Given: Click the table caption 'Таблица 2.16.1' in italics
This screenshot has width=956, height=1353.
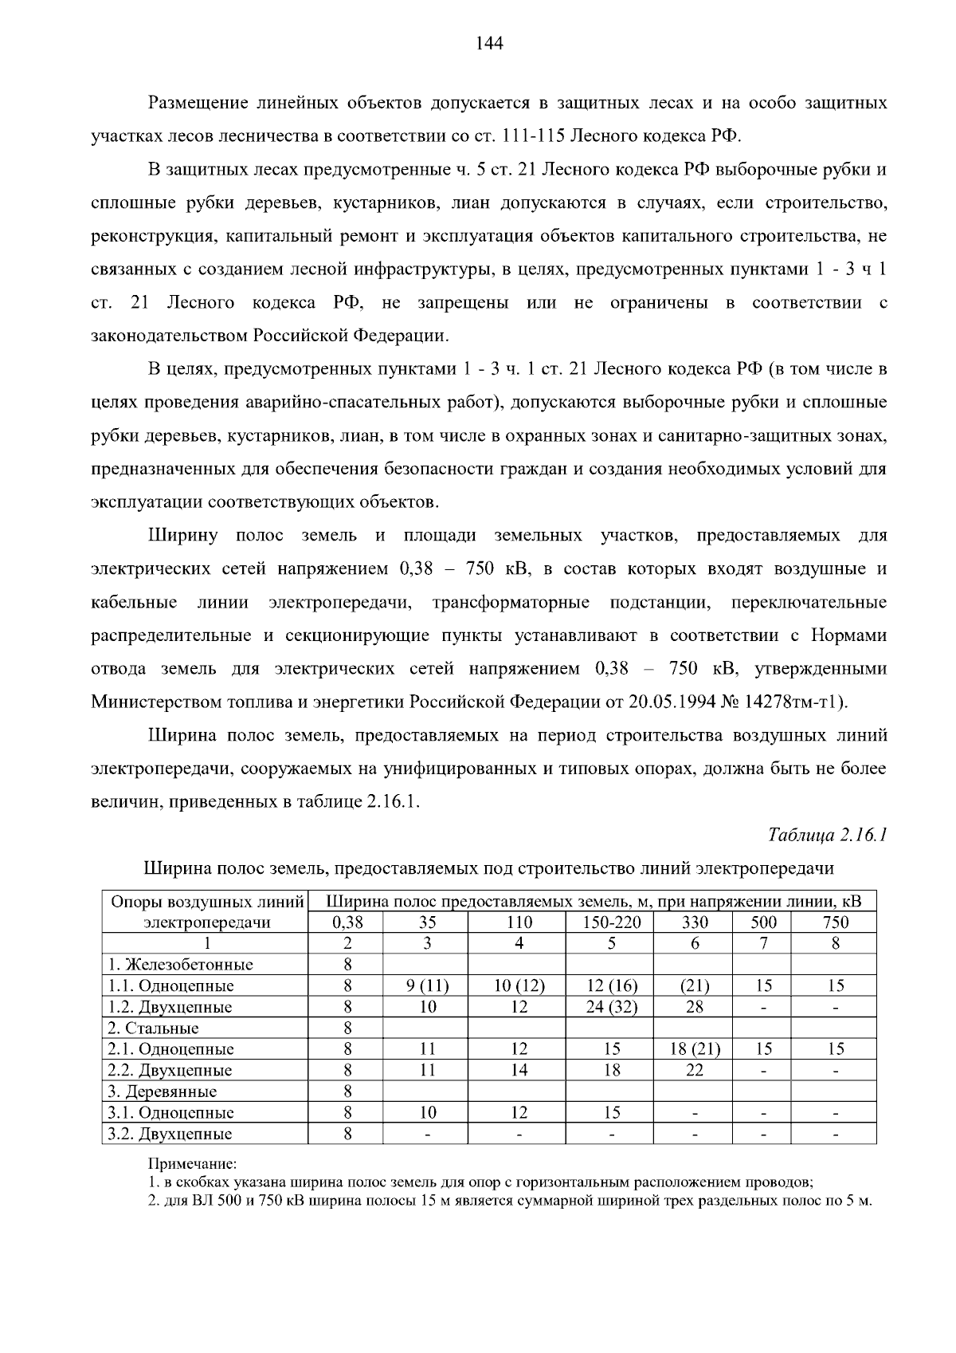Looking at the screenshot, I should pyautogui.click(x=827, y=835).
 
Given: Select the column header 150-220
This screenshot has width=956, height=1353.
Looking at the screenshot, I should pyautogui.click(x=611, y=922).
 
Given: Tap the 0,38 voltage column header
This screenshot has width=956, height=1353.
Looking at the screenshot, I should pyautogui.click(x=347, y=922).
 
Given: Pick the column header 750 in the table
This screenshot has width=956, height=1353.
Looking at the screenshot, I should pyautogui.click(x=835, y=922).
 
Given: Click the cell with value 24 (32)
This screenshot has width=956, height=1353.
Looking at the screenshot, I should pyautogui.click(x=611, y=1007).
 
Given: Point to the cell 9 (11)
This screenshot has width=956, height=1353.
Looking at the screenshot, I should pyautogui.click(x=427, y=986).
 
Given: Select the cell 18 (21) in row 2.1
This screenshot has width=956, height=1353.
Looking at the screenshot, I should pyautogui.click(x=695, y=1049).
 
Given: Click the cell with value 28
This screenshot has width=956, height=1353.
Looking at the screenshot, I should pyautogui.click(x=695, y=1007).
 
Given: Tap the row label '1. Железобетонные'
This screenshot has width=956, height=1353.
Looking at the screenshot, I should pyautogui.click(x=180, y=965).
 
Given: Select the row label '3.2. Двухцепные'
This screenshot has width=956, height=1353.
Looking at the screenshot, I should pyautogui.click(x=170, y=1134).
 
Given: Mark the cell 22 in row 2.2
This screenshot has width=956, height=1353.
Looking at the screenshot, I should pyautogui.click(x=695, y=1071).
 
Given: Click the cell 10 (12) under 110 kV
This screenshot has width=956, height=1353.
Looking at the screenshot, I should pyautogui.click(x=519, y=986).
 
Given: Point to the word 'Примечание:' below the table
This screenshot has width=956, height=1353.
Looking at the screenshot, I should pyautogui.click(x=187, y=1164).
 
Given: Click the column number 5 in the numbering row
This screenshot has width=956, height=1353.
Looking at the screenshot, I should pyautogui.click(x=611, y=943).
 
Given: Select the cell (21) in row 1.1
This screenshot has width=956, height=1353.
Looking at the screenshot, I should pyautogui.click(x=695, y=986).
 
